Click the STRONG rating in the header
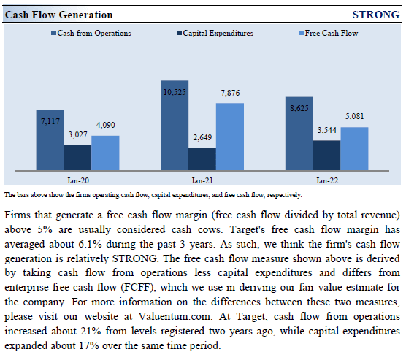(375, 15)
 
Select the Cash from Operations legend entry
(95, 34)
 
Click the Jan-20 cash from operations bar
(50, 142)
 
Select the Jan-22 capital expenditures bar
(327, 156)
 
